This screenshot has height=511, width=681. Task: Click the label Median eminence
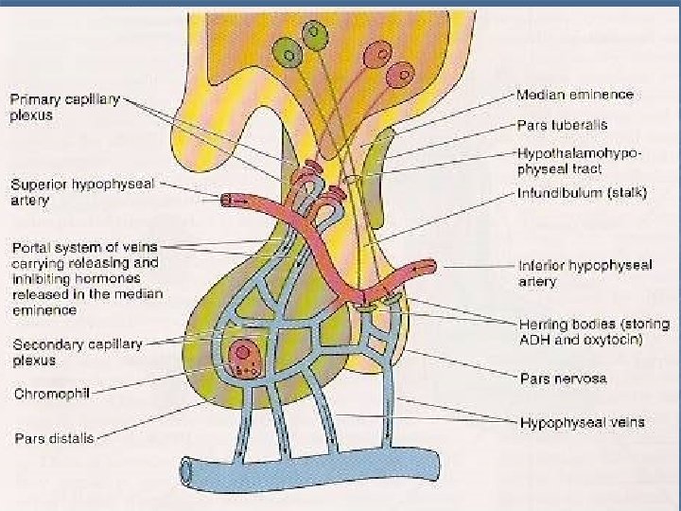coord(574,95)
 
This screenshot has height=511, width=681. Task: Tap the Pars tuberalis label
coord(562,124)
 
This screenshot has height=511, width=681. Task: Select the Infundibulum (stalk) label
coord(582,193)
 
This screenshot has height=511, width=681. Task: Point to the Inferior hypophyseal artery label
coord(585,273)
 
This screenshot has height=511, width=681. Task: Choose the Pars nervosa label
coord(564,379)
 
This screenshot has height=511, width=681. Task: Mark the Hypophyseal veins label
coord(582,421)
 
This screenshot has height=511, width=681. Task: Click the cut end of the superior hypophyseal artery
coord(228,201)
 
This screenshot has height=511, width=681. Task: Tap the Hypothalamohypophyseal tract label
coord(580,160)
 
